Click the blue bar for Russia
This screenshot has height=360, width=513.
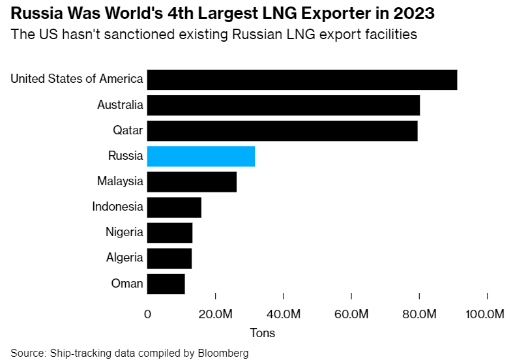coord(201,157)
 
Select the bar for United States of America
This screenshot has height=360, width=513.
coord(302,80)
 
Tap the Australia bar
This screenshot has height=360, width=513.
coord(284,105)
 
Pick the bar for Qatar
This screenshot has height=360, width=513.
coord(282,130)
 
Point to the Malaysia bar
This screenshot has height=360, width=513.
coord(192,182)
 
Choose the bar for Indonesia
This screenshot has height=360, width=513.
coord(174,207)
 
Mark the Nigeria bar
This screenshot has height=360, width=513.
coord(169,233)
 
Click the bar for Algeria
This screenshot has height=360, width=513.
coord(169,258)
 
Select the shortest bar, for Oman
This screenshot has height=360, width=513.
coord(166,284)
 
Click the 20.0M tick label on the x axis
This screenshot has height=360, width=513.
coord(215,314)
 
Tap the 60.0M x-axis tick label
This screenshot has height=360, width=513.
coord(351,314)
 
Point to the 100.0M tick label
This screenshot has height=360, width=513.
coord(485,314)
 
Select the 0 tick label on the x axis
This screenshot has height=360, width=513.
coord(148,314)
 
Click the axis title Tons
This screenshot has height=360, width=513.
coord(263,333)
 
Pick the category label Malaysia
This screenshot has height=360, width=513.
coord(120,181)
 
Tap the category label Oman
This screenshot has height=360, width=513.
coord(127,283)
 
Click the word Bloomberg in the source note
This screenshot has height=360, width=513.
coord(225,353)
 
